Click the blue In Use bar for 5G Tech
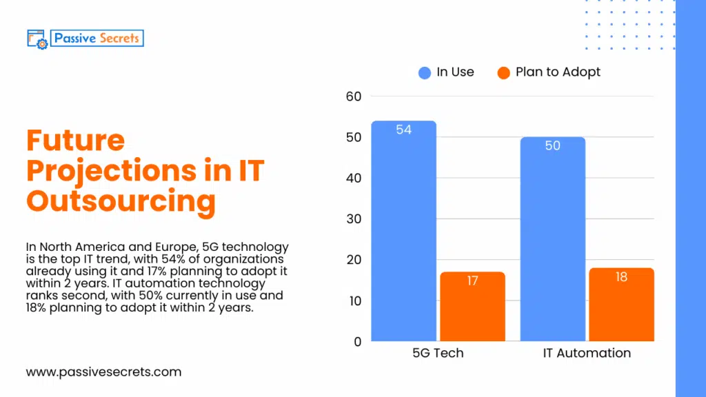403,234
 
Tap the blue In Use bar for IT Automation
552,241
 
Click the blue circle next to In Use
425,72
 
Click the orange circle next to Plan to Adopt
503,72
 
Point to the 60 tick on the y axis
354,96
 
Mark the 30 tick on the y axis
354,219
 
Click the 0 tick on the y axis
357,342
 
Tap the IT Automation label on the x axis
587,353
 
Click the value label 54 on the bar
403,130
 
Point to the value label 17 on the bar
472,281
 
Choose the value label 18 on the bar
621,277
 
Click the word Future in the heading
75,141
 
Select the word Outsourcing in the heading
121,201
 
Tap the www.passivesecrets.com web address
103,372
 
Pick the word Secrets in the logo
119,38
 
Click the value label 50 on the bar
552,146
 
